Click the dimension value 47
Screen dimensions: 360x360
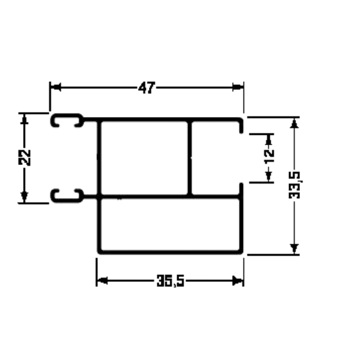pyautogui.click(x=147, y=88)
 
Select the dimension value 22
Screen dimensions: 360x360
pyautogui.click(x=24, y=157)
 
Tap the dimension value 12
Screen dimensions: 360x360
pyautogui.click(x=269, y=157)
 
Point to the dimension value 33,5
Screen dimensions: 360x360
pyautogui.click(x=295, y=185)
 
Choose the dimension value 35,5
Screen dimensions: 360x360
pyautogui.click(x=170, y=281)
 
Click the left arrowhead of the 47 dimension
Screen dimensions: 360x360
pyautogui.click(x=56, y=88)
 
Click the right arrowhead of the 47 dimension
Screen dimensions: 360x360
pyautogui.click(x=238, y=88)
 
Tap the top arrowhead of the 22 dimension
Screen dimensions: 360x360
pyautogui.click(x=24, y=120)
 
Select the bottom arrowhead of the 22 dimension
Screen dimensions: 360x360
pyautogui.click(x=24, y=197)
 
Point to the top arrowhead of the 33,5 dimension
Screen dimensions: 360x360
pyautogui.click(x=294, y=123)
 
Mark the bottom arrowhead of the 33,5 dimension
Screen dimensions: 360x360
pyautogui.click(x=294, y=248)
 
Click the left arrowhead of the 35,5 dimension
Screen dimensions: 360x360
pyautogui.click(x=102, y=281)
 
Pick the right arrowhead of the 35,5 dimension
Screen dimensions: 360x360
pyautogui.click(x=238, y=281)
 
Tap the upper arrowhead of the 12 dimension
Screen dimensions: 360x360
pyautogui.click(x=269, y=139)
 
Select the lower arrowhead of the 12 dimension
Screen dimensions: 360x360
pyautogui.click(x=269, y=176)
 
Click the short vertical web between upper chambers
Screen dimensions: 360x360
pyautogui.click(x=189, y=158)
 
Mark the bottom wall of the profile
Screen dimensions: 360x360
pyautogui.click(x=170, y=252)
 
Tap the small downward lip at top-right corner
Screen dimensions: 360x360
pyautogui.click(x=241, y=126)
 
